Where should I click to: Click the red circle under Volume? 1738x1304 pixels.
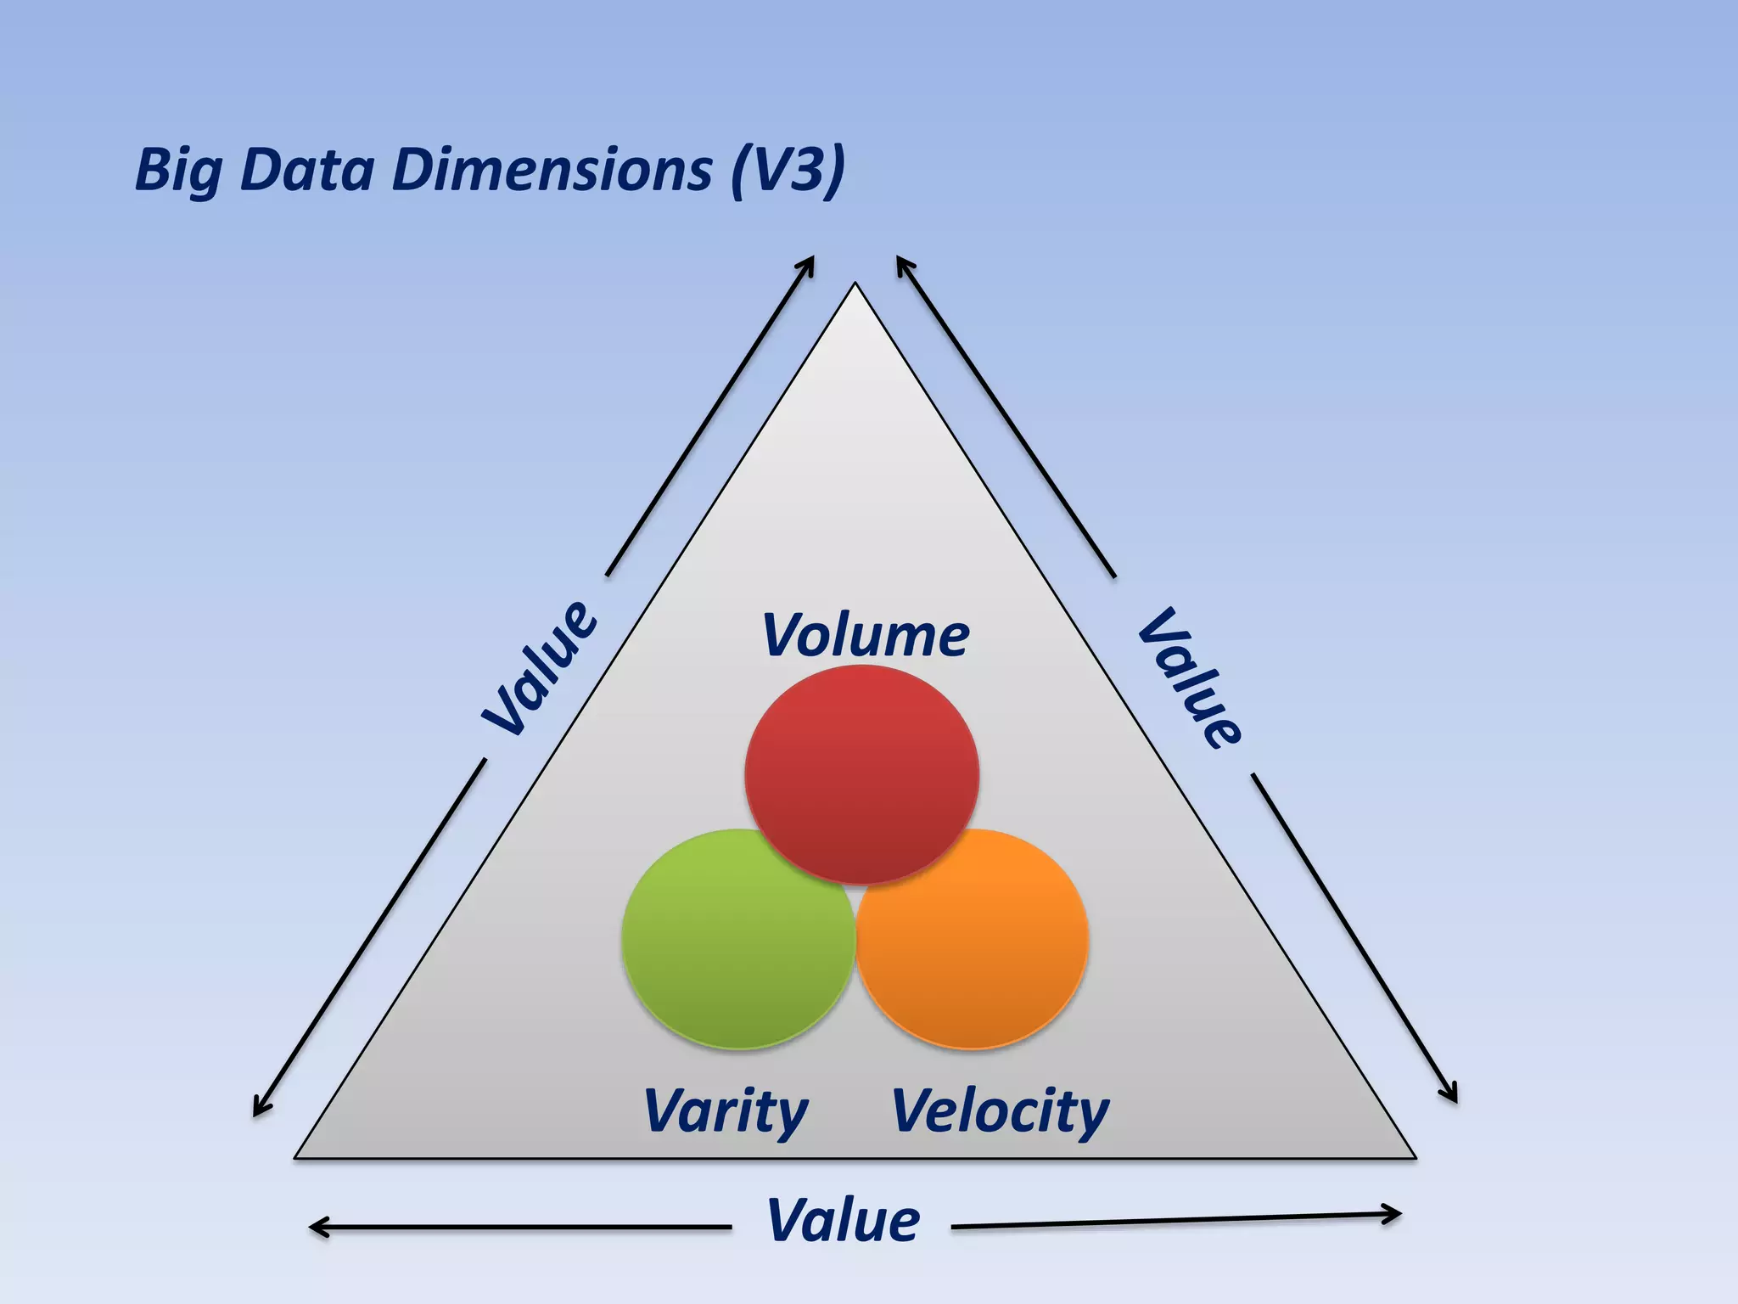click(x=861, y=773)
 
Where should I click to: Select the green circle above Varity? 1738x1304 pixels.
click(x=737, y=939)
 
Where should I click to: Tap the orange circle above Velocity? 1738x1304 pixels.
click(x=973, y=939)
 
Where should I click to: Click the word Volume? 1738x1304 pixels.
click(x=865, y=635)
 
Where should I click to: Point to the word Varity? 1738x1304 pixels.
click(x=726, y=1110)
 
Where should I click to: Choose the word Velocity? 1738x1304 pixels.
click(x=1000, y=1110)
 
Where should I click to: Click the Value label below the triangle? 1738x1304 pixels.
click(x=843, y=1221)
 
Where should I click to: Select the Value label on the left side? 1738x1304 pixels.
click(x=541, y=667)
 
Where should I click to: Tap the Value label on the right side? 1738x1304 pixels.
click(x=1190, y=677)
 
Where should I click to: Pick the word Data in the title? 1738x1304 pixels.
click(x=307, y=170)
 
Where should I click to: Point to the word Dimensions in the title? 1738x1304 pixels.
click(x=552, y=170)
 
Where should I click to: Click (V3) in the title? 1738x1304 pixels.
click(x=788, y=170)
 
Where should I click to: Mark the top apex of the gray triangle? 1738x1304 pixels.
click(x=855, y=285)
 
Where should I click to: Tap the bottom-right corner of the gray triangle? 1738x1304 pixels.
click(x=1414, y=1156)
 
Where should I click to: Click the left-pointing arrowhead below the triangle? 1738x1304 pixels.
click(x=317, y=1227)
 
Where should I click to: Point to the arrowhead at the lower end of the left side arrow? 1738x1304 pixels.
click(x=259, y=1108)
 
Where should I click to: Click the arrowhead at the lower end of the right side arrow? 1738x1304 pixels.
click(x=1452, y=1095)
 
